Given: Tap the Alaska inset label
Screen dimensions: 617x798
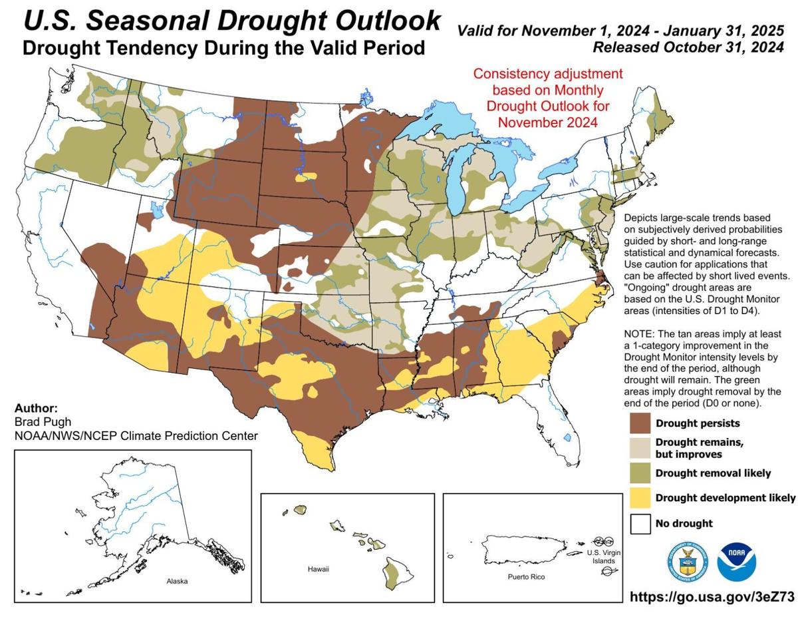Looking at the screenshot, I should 177,581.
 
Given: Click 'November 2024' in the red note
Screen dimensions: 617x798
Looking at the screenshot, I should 547,122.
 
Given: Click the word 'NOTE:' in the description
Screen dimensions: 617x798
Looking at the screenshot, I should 641,334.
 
